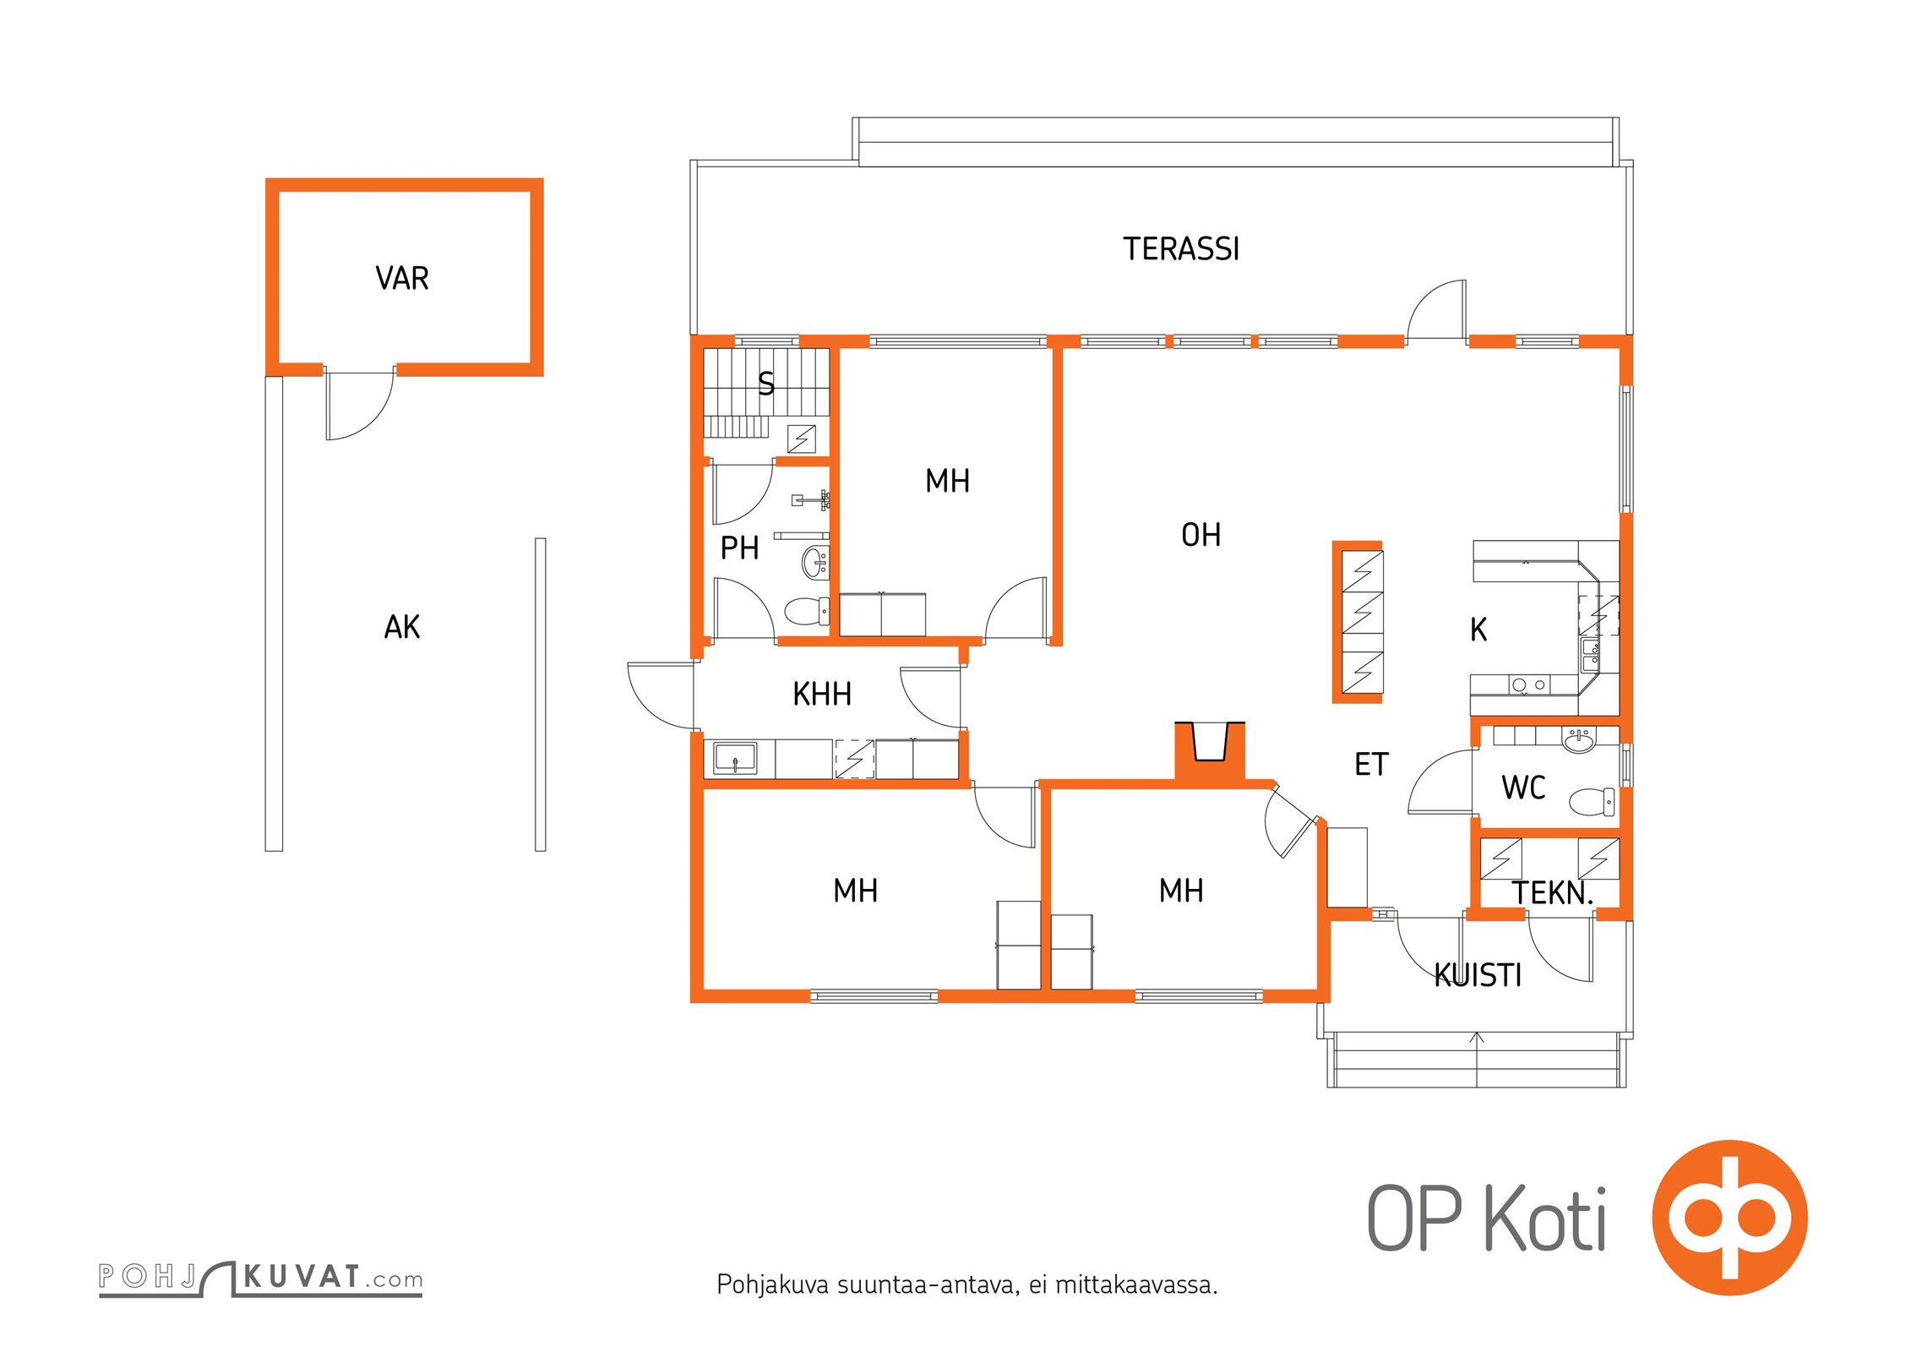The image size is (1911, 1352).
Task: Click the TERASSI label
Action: [x=1180, y=249]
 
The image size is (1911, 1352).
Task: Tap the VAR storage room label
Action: [x=402, y=278]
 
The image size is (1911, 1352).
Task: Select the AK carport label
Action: [x=402, y=627]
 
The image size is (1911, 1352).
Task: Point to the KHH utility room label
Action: [x=821, y=695]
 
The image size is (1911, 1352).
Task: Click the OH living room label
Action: [x=1200, y=535]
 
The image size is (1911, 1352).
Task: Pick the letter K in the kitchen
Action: [x=1478, y=630]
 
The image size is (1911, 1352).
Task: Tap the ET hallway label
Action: [x=1371, y=765]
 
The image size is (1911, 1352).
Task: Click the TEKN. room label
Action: [x=1552, y=893]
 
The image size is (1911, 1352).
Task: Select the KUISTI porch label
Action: [x=1478, y=976]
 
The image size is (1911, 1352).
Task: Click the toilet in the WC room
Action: [x=1592, y=800]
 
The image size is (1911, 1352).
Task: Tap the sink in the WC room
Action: [x=1578, y=741]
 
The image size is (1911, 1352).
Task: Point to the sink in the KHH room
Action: [x=735, y=758]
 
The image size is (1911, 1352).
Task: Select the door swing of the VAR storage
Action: [x=358, y=406]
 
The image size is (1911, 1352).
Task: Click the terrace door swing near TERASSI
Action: [x=1437, y=310]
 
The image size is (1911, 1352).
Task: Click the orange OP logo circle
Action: [x=1729, y=1218]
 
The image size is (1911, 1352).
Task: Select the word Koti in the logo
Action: [x=1545, y=1219]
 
